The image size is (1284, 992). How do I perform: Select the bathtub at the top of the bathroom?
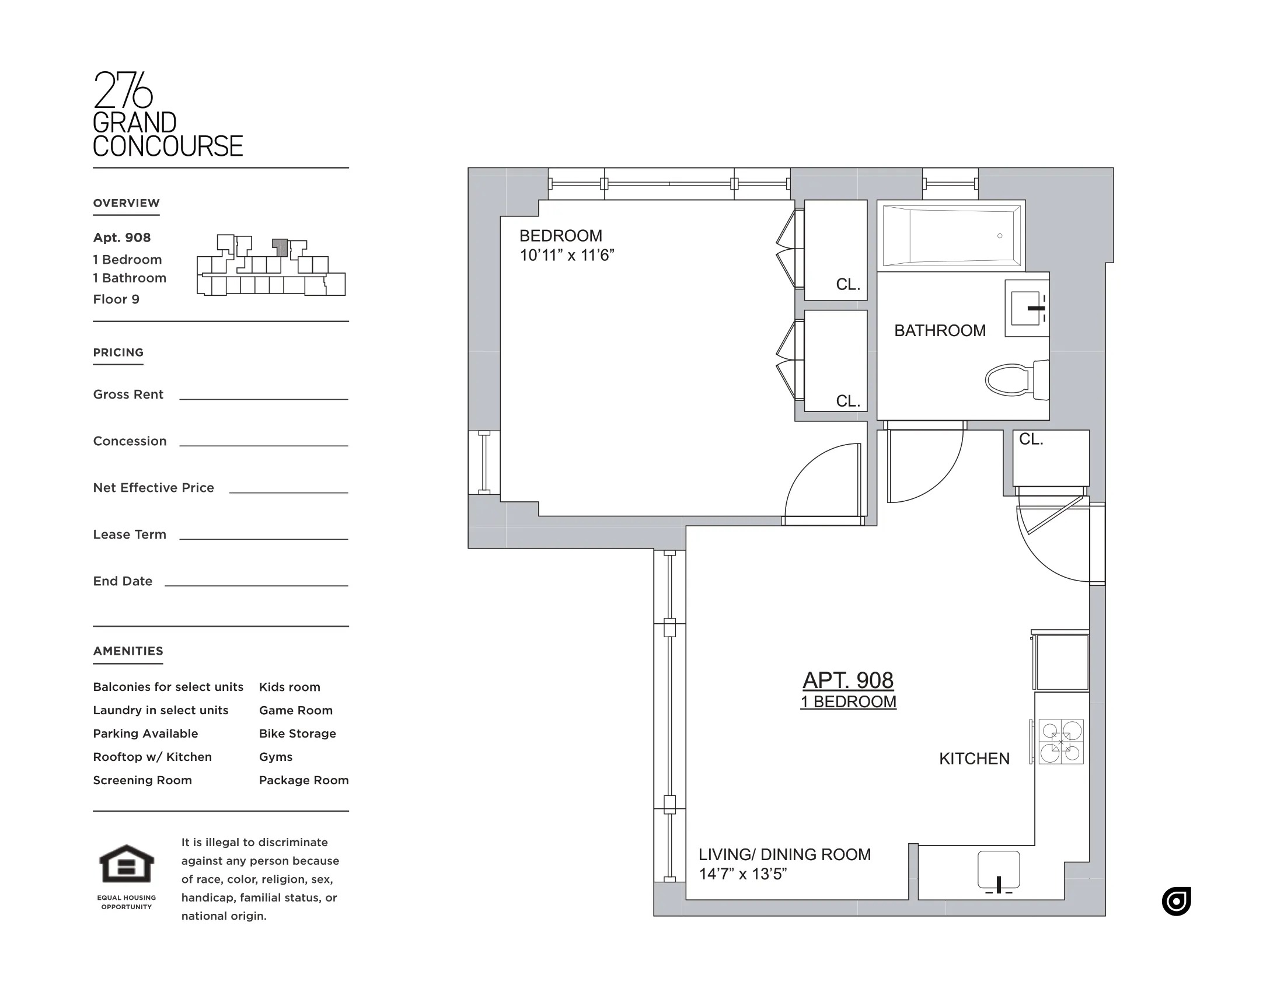tap(951, 236)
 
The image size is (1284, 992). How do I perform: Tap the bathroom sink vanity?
tap(1027, 308)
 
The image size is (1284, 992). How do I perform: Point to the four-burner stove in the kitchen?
tap(1060, 742)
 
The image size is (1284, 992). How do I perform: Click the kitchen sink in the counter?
tap(998, 871)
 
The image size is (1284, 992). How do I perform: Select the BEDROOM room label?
tap(560, 236)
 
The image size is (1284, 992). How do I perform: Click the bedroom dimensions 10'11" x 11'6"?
tap(567, 255)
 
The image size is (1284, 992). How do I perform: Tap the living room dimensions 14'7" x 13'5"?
tap(742, 874)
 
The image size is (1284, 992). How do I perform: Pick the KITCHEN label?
tap(974, 759)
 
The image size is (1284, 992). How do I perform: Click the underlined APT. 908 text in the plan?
tap(848, 680)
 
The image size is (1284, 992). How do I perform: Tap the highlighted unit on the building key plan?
tap(280, 247)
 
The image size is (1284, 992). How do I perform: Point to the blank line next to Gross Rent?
tap(263, 398)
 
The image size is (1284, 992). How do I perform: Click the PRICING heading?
tap(118, 352)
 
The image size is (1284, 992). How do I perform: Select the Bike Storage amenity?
tap(298, 733)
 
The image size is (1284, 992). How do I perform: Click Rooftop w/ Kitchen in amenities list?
tap(152, 757)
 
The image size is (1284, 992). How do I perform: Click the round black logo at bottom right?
tap(1176, 901)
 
